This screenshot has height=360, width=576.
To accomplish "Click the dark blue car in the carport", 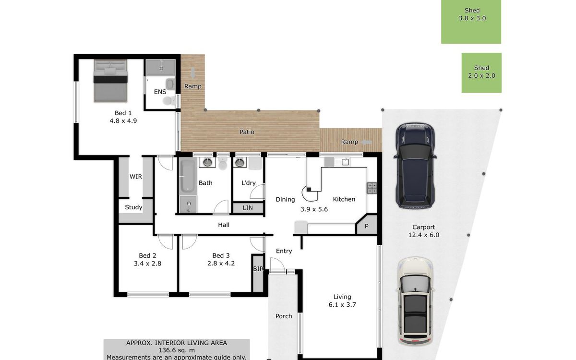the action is click(x=415, y=165).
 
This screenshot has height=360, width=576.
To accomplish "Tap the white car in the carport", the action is click(x=415, y=301).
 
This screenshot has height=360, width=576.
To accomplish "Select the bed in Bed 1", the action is click(x=110, y=81).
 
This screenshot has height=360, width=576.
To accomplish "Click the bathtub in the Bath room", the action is click(x=188, y=176).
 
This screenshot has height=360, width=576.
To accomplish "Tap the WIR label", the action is click(x=136, y=177).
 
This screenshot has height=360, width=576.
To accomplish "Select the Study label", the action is click(x=133, y=207).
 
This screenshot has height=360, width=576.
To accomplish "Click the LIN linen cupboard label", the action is click(x=248, y=208).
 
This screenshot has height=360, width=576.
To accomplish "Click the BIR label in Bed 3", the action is click(x=258, y=269).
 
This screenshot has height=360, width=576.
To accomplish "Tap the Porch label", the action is click(x=284, y=316).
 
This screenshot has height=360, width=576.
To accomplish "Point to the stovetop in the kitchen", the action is click(x=372, y=188).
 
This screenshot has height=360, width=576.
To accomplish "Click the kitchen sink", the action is click(x=345, y=162).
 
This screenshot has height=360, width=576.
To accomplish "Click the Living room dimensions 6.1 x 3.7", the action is click(x=342, y=305).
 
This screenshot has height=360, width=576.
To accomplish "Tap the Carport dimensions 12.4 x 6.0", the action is click(x=424, y=235).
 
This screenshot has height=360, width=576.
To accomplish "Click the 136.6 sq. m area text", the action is click(x=177, y=350).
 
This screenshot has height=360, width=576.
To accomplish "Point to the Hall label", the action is click(x=224, y=225).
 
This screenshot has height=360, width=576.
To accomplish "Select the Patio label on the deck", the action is click(x=247, y=132).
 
